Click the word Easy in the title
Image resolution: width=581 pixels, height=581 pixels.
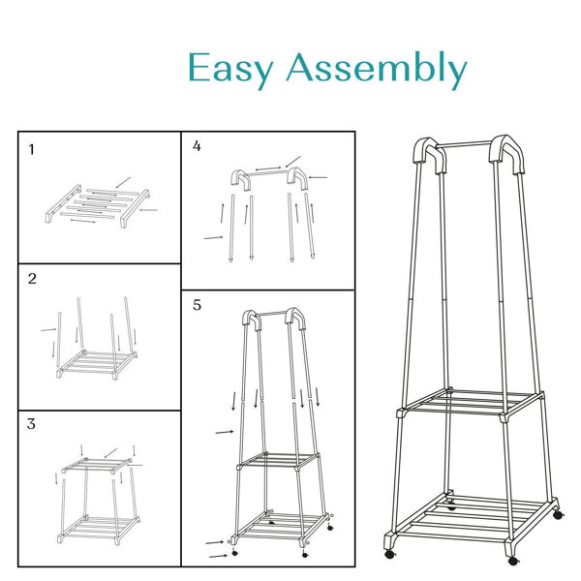click(x=230, y=69)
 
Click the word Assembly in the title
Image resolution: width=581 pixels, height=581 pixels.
click(x=377, y=68)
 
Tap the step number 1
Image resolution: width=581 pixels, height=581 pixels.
click(x=32, y=150)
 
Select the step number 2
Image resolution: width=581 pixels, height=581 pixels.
click(x=32, y=279)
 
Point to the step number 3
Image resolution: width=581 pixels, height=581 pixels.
click(x=32, y=423)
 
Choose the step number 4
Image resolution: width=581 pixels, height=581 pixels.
click(x=197, y=146)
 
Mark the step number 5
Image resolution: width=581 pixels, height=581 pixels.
click(x=197, y=305)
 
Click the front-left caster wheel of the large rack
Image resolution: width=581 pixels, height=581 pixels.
click(x=389, y=554)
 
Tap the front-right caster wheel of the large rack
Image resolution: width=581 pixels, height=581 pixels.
click(x=513, y=561)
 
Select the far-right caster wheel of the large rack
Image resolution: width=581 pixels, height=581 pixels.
click(x=558, y=515)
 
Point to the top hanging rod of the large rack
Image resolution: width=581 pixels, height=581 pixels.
click(x=465, y=144)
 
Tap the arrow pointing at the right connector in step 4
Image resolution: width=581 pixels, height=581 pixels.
click(x=318, y=177)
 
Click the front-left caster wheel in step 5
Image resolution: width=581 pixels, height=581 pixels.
click(x=234, y=553)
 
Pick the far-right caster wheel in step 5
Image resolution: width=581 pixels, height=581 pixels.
click(x=330, y=528)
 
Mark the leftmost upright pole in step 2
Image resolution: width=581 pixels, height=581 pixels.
click(x=59, y=340)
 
